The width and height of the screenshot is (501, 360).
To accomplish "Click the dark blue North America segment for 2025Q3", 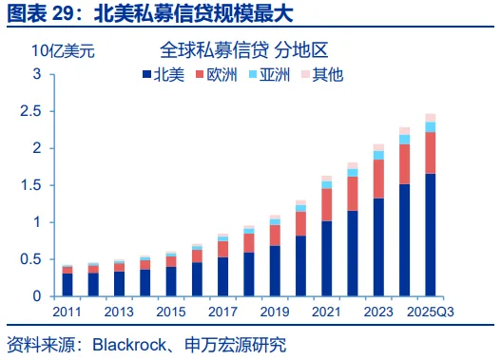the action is point(431,235).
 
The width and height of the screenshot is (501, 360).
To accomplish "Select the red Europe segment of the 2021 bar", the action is point(326,204).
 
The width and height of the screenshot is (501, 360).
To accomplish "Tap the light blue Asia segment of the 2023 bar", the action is point(378,155).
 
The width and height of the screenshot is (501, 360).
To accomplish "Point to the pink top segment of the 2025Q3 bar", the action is point(431,118).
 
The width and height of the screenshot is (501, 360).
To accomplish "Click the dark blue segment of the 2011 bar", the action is point(67,285).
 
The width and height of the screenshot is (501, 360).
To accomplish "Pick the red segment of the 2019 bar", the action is point(275,236).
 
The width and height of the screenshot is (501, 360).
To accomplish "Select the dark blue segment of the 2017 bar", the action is point(223,276).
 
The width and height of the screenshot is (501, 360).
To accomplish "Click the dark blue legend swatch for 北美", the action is point(146,74).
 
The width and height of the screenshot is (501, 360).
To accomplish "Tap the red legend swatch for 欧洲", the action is point(200,74).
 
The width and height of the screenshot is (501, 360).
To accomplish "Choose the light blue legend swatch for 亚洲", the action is point(253,74).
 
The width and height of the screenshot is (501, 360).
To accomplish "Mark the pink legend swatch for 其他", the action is point(305,74).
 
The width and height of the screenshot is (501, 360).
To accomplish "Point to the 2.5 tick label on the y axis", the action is point(30,111).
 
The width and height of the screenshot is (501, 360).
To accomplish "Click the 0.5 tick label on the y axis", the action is point(30,259).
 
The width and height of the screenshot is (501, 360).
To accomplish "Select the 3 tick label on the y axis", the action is point(37,74).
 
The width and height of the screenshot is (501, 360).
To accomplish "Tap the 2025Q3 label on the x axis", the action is point(431,312).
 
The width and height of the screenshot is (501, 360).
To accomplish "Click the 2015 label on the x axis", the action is point(171,312).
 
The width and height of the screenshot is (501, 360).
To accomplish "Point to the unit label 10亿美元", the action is point(64,50).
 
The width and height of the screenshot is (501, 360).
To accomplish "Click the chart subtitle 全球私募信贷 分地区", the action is point(243,50).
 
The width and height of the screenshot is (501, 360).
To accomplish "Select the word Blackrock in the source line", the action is point(129,345).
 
